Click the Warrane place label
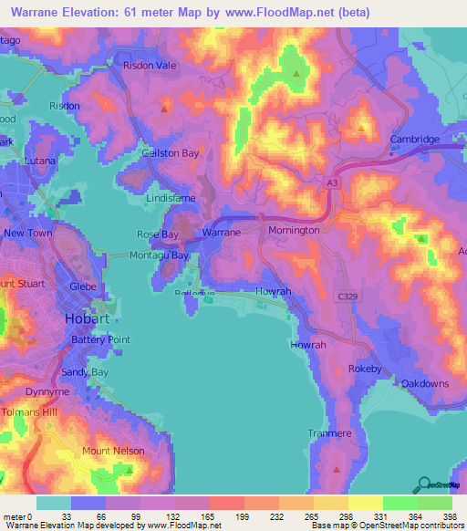[221, 233]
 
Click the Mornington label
[294, 231]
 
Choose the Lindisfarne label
[171, 197]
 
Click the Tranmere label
[329, 433]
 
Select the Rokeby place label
[364, 370]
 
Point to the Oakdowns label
[425, 383]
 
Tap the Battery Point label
[101, 339]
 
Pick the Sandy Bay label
[85, 373]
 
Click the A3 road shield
[334, 183]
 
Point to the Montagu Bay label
[161, 256]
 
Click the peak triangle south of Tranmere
[337, 470]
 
